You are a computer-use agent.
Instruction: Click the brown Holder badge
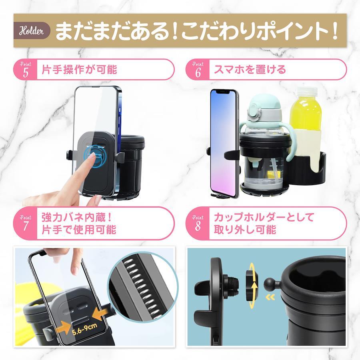pyautogui.click(x=32, y=30)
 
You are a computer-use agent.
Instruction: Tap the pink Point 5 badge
pyautogui.click(x=25, y=70)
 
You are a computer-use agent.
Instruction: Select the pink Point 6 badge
pyautogui.click(x=198, y=70)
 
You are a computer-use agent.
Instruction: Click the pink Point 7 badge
pyautogui.click(x=25, y=223)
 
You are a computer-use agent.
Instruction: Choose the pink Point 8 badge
pyautogui.click(x=198, y=223)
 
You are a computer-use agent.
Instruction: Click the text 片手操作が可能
pyautogui.click(x=79, y=70)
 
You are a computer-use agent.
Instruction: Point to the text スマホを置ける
pyautogui.click(x=250, y=70)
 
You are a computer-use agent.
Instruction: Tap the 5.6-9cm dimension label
pyautogui.click(x=84, y=329)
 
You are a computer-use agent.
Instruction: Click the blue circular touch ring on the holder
pyautogui.click(x=94, y=156)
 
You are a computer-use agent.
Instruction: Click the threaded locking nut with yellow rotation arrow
pyautogui.click(x=252, y=285)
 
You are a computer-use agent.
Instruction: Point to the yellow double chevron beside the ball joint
pyautogui.click(x=270, y=297)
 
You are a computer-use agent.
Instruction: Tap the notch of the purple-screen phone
pyautogui.click(x=224, y=92)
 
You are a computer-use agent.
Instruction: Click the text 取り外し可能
pyautogui.click(x=245, y=230)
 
